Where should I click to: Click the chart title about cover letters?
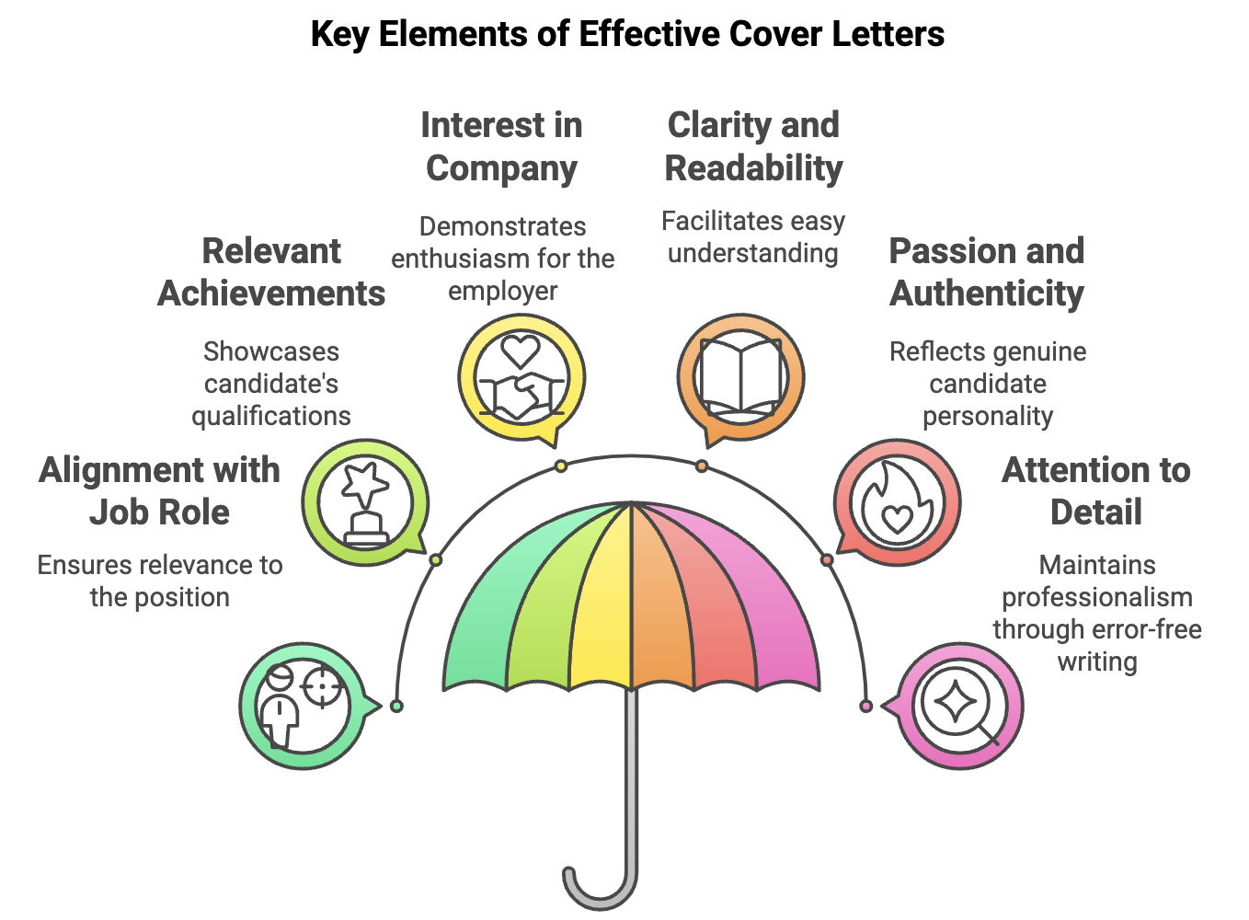(627, 34)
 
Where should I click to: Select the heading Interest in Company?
(501, 146)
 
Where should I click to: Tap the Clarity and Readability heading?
(753, 146)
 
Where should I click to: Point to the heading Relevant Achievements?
(271, 271)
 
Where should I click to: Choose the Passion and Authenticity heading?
(987, 271)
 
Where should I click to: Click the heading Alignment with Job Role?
(159, 490)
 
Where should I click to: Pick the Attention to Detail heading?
(1095, 490)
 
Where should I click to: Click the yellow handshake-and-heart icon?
(521, 377)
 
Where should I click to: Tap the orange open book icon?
(740, 377)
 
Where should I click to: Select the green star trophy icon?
(365, 502)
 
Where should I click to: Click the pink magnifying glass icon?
(958, 707)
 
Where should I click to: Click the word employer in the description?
(502, 292)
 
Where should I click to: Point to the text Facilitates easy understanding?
(752, 236)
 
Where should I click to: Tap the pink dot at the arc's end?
(865, 706)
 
